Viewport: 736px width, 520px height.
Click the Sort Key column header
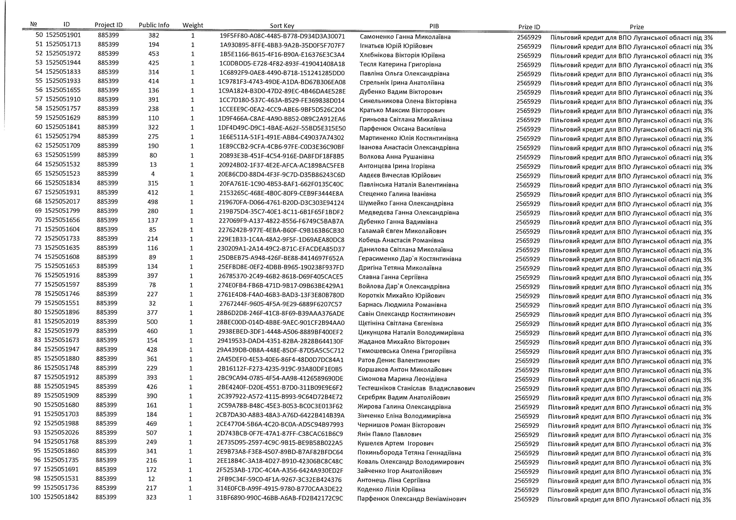[282, 26]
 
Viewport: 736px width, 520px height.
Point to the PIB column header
[434, 26]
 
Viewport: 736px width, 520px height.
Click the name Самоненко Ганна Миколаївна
[405, 37]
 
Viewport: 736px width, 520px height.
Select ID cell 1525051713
[63, 44]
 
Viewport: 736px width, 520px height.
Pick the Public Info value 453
[154, 54]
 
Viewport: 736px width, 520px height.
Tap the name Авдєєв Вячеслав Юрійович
[400, 175]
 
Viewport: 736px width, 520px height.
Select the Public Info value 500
[152, 322]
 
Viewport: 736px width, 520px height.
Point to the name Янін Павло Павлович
[389, 434]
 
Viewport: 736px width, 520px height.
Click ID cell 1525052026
[61, 433]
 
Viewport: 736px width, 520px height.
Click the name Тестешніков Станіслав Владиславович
[416, 388]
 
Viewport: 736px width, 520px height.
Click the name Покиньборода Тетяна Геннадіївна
[409, 453]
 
